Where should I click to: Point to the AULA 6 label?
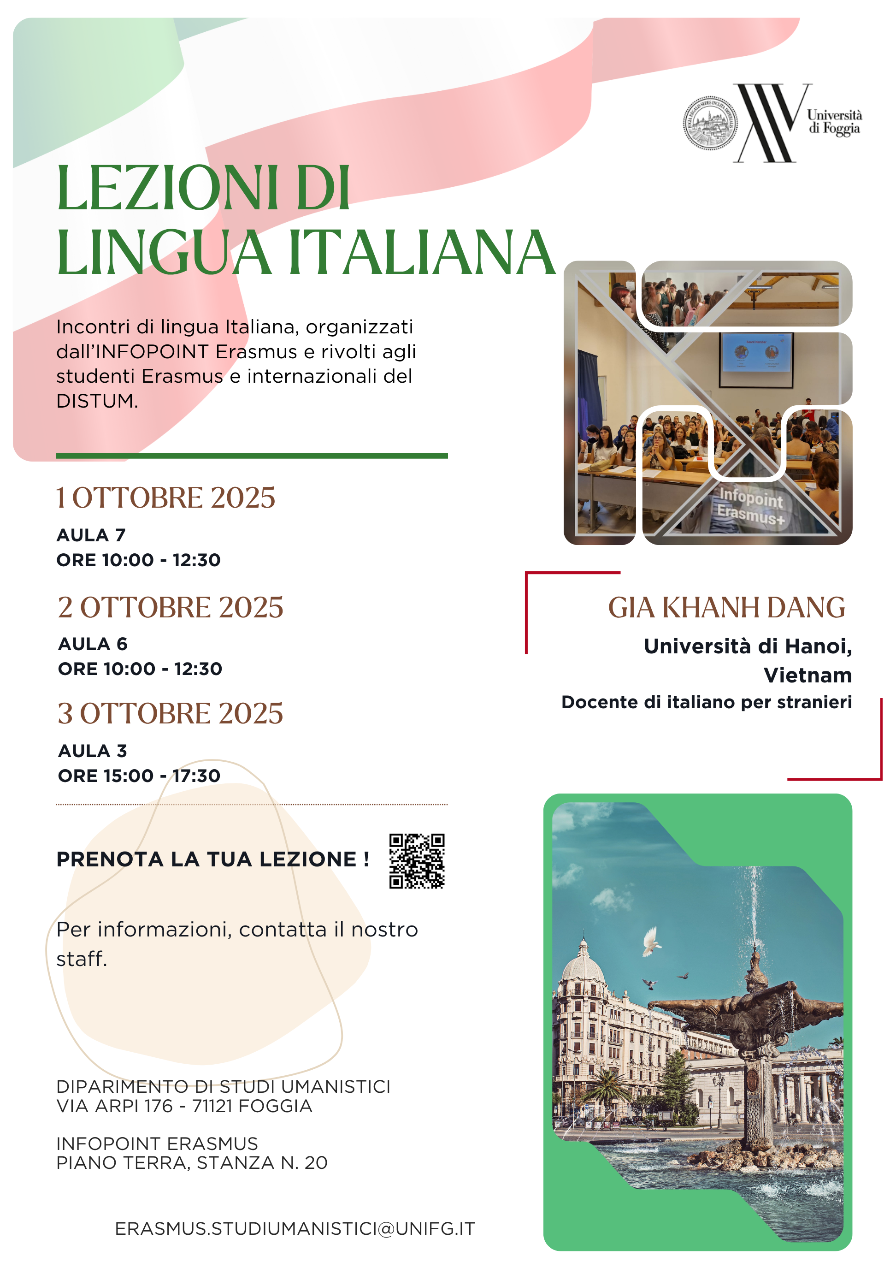(93, 644)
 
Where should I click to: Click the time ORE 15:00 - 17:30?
(139, 776)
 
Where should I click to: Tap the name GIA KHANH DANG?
(726, 608)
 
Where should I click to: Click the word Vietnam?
(807, 675)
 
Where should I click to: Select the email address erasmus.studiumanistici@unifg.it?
(295, 1228)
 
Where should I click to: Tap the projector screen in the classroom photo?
(756, 352)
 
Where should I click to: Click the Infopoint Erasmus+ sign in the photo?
(751, 505)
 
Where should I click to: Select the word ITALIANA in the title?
(421, 253)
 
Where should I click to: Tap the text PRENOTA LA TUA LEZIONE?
(212, 859)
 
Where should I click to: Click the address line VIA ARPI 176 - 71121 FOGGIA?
(184, 1106)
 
